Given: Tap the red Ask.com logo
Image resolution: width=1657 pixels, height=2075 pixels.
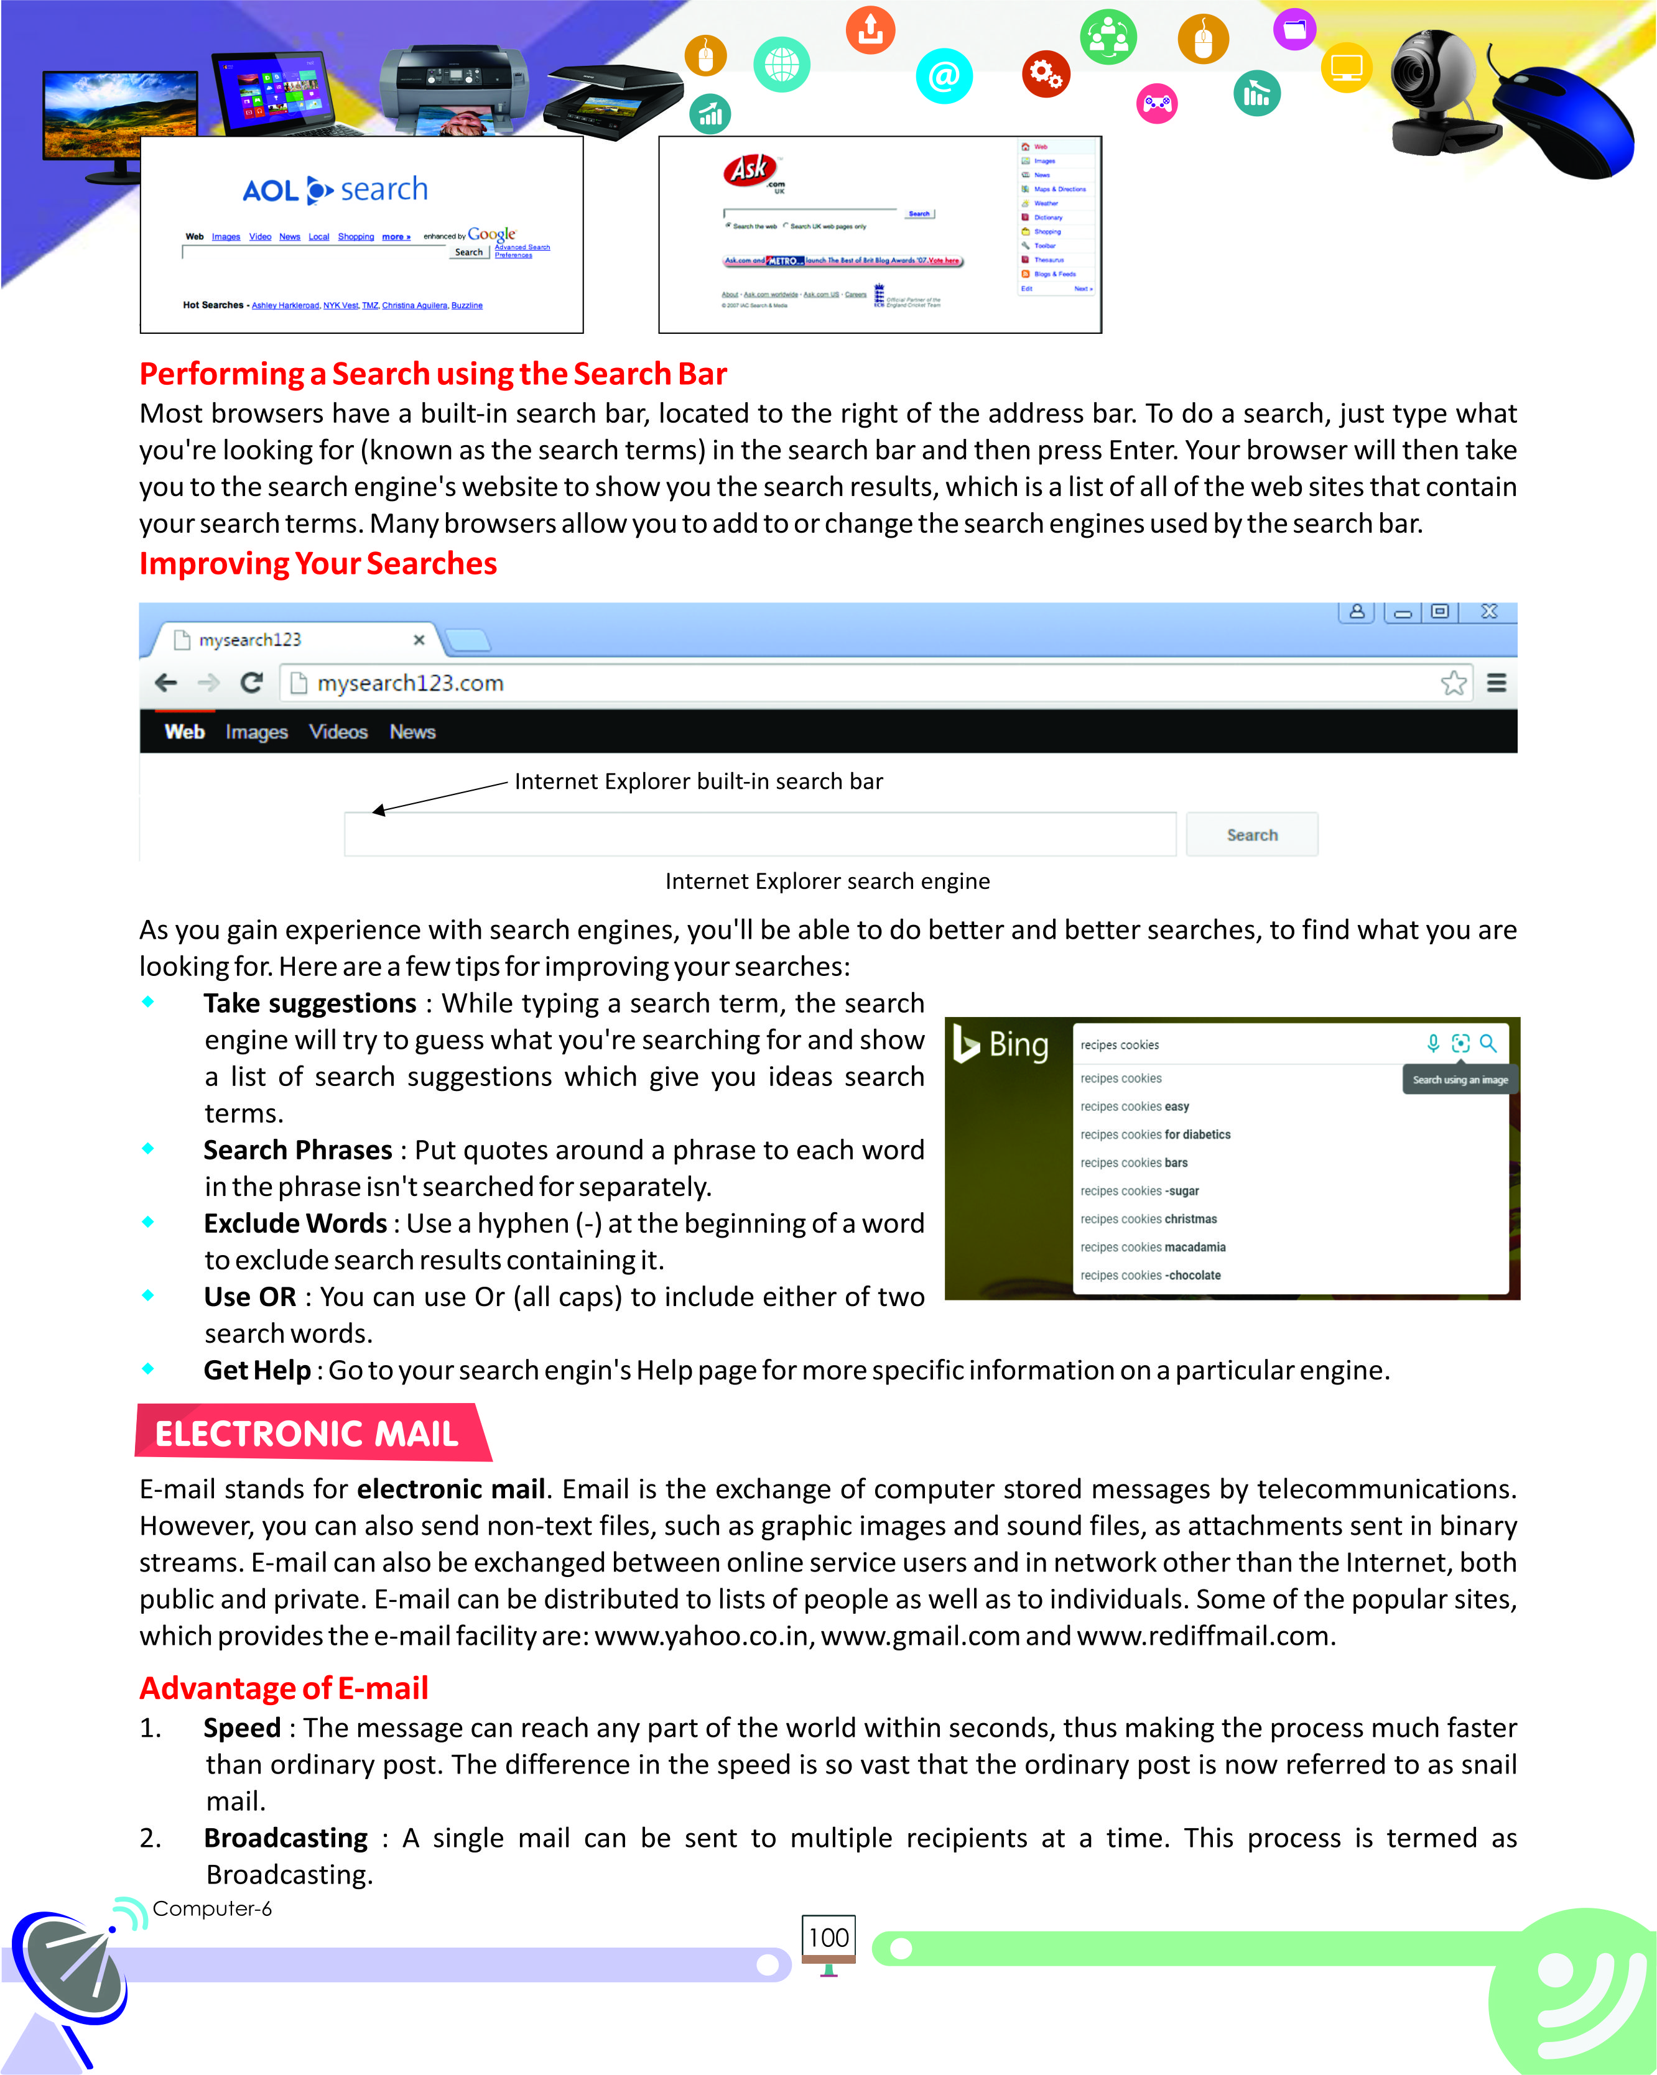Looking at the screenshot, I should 751,170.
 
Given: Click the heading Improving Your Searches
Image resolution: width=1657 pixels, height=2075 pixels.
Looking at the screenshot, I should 318,563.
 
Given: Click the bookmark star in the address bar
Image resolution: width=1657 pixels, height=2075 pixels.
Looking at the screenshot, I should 1453,683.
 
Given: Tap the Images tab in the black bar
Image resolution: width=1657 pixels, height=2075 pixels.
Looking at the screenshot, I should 256,732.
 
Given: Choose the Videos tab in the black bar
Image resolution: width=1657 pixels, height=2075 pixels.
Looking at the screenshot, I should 338,732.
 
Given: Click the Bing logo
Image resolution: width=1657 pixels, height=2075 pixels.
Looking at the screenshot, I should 1001,1044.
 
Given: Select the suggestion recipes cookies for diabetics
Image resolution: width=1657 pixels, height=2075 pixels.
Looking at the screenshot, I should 1156,1134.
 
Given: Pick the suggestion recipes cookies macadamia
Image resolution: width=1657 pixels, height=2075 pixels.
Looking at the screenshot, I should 1153,1248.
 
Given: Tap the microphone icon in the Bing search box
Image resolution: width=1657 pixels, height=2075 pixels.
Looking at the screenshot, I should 1432,1043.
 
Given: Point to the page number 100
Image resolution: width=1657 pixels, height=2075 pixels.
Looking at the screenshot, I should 828,1938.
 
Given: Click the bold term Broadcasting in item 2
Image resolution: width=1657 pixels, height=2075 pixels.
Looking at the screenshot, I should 286,1838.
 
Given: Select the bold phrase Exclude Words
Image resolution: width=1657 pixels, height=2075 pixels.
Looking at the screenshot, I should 295,1223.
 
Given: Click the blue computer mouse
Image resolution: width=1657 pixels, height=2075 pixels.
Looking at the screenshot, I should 1564,121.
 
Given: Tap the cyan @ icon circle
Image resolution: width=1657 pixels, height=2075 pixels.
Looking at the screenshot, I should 945,76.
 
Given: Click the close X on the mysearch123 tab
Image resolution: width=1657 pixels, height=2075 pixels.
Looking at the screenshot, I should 419,640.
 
